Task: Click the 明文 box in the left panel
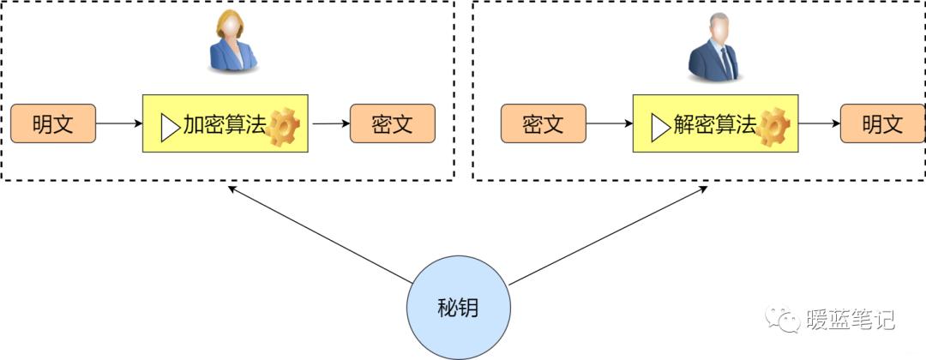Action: pyautogui.click(x=52, y=123)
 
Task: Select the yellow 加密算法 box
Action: pyautogui.click(x=225, y=123)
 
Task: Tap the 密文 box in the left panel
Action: pyautogui.click(x=393, y=123)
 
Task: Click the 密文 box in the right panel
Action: pyautogui.click(x=543, y=123)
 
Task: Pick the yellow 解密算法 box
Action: pyautogui.click(x=715, y=123)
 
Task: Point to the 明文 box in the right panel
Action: pyautogui.click(x=882, y=123)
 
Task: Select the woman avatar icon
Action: pyautogui.click(x=232, y=43)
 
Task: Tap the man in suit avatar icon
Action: pyautogui.click(x=713, y=50)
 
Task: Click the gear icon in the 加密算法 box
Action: pyautogui.click(x=284, y=127)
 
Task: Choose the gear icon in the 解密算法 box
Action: pyautogui.click(x=773, y=127)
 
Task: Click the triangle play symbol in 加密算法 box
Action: pyautogui.click(x=169, y=127)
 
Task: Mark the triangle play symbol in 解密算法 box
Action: pyautogui.click(x=659, y=127)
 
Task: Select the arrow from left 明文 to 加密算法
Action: pyautogui.click(x=118, y=123)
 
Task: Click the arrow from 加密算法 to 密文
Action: pyautogui.click(x=329, y=123)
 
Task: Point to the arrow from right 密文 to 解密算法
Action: pyautogui.click(x=609, y=123)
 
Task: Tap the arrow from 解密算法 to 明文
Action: pyautogui.click(x=819, y=123)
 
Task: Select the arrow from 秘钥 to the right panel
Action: pyautogui.click(x=609, y=233)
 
